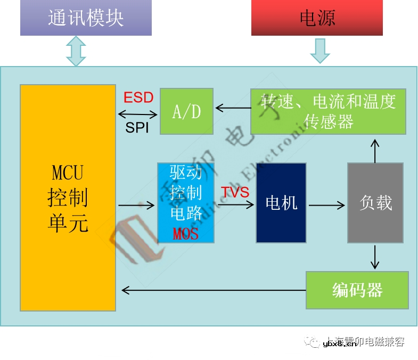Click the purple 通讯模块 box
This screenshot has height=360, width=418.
(86, 18)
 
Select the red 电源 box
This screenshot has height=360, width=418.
(317, 18)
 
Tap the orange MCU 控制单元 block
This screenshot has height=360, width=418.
(68, 198)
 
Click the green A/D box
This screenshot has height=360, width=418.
(187, 111)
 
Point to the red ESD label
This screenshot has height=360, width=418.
(138, 97)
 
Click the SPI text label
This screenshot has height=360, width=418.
(137, 128)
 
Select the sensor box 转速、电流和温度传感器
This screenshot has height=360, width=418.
(328, 111)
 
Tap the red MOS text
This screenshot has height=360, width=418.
(186, 233)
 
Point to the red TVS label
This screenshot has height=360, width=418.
(235, 192)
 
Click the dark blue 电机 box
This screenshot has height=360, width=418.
(281, 203)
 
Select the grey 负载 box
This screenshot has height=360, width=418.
(375, 203)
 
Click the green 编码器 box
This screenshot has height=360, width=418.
(357, 290)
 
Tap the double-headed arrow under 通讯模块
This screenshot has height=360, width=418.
(76, 51)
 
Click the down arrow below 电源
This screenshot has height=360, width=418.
(320, 51)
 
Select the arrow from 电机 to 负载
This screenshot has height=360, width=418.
(327, 204)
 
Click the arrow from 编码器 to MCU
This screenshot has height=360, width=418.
(213, 290)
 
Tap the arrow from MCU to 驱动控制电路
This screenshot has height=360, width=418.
(136, 204)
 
